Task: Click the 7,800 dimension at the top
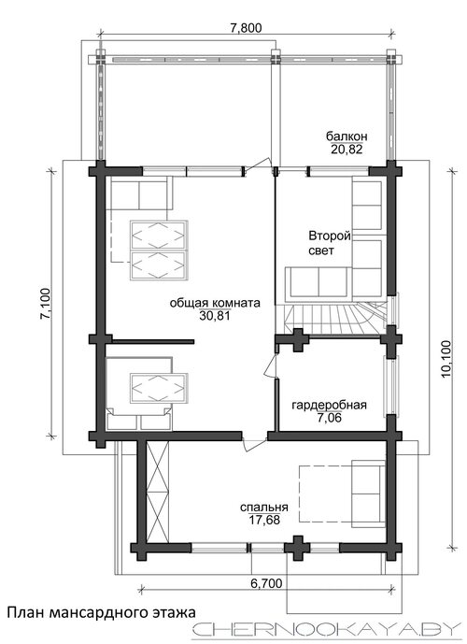(x=246, y=28)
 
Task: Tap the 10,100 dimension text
(x=446, y=358)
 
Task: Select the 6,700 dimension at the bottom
(x=267, y=583)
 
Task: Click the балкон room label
(x=347, y=136)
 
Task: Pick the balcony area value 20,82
(x=347, y=150)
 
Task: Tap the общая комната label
(x=215, y=303)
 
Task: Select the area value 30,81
(x=215, y=315)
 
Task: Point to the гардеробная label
(x=329, y=406)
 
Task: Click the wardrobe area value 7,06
(x=329, y=418)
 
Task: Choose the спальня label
(x=264, y=508)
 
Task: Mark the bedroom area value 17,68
(x=264, y=520)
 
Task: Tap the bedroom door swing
(x=254, y=445)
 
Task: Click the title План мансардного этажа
(x=102, y=613)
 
